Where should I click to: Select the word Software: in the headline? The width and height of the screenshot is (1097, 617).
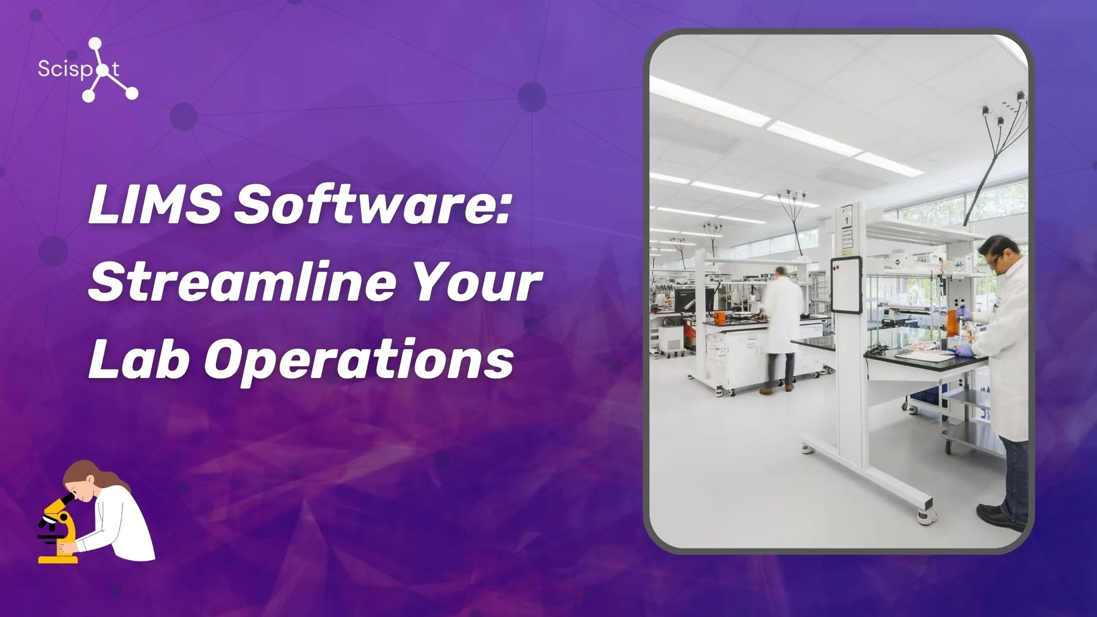coord(372,206)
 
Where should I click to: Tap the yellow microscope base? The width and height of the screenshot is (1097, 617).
coord(58,558)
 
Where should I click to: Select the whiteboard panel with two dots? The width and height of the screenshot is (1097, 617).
coord(846,284)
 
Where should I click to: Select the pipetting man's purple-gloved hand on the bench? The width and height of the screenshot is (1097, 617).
coord(963,350)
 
